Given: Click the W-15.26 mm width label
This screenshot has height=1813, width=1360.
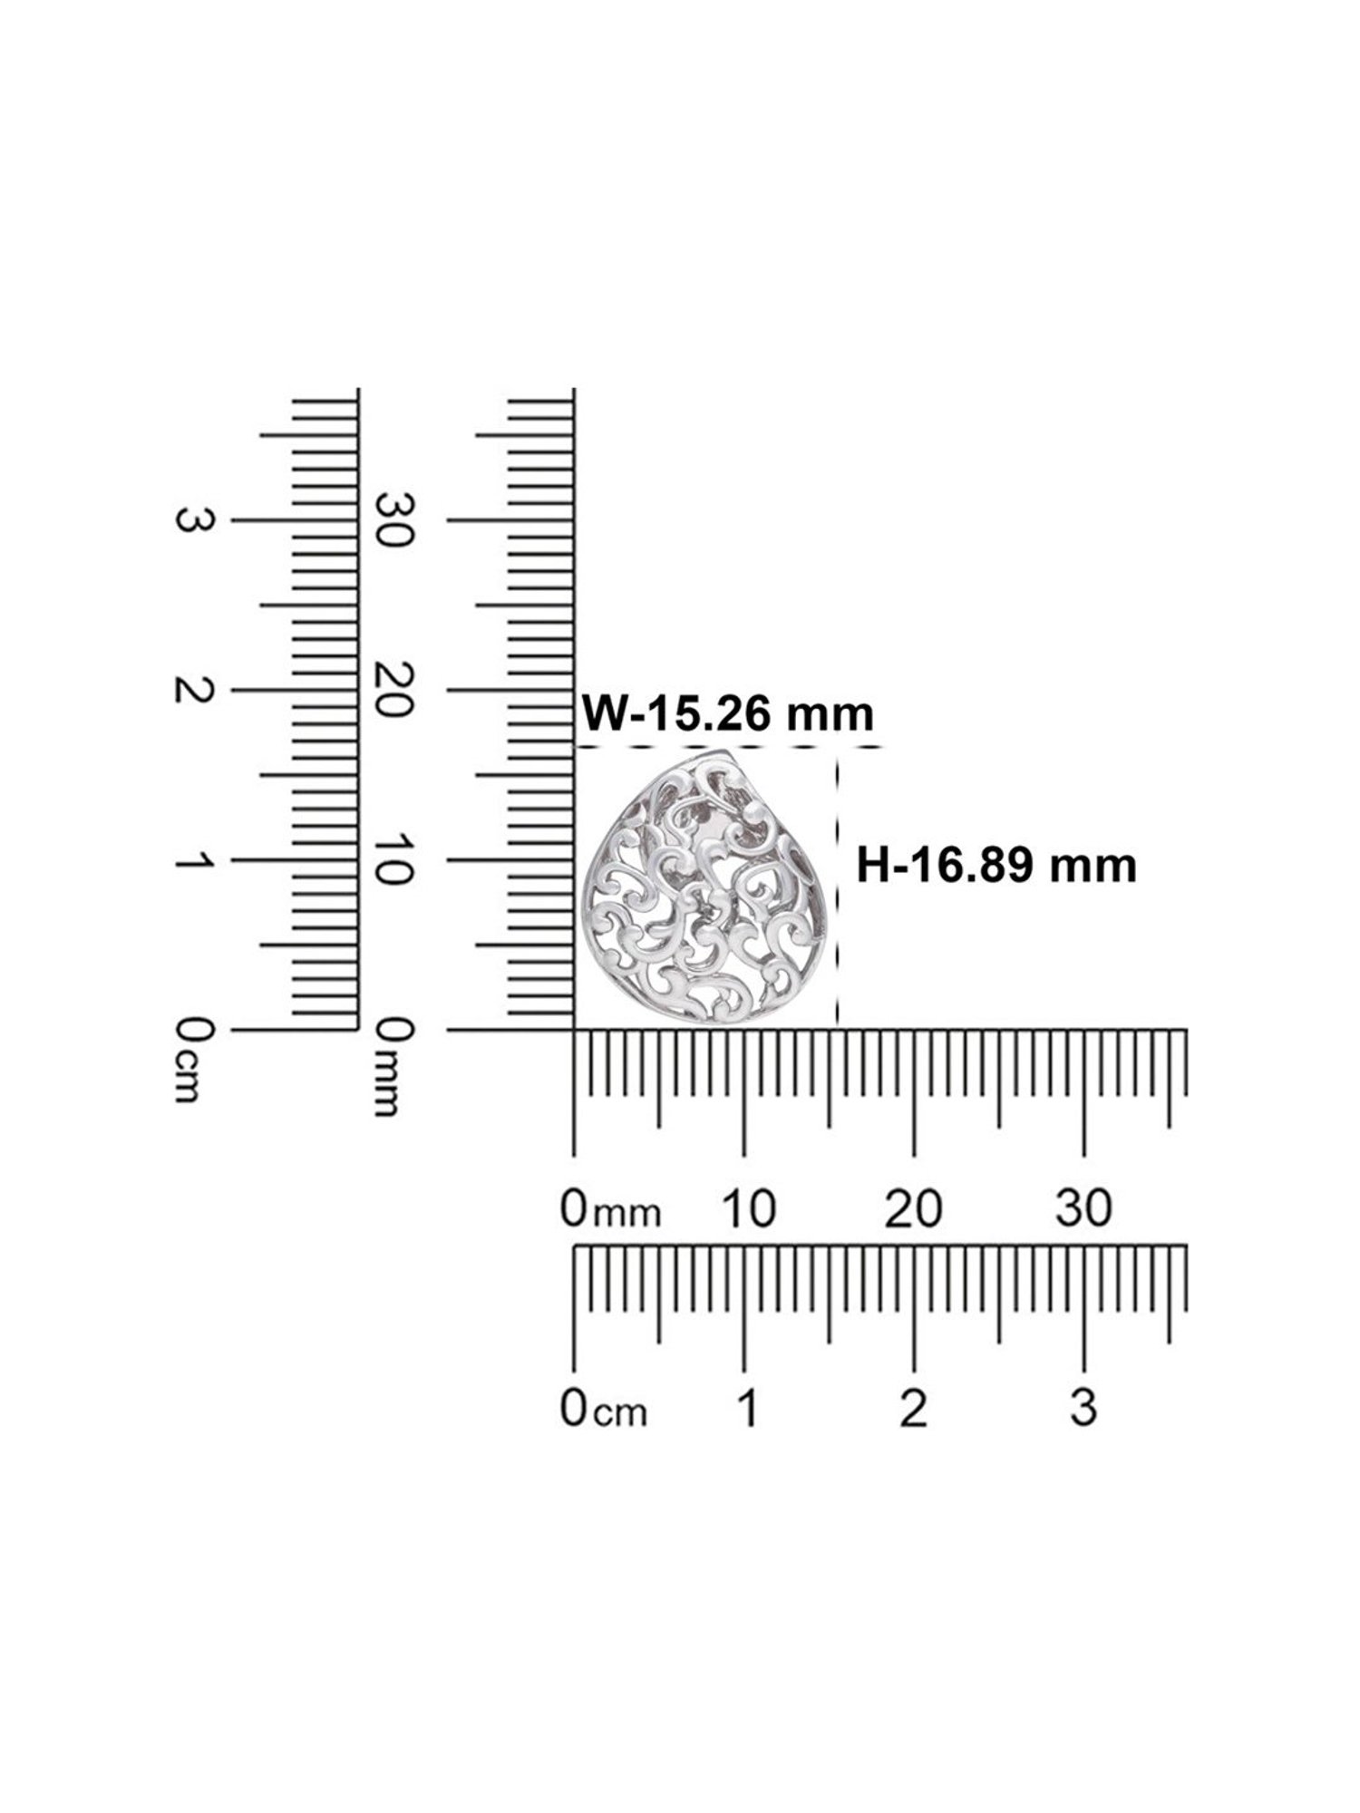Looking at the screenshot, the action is pos(727,713).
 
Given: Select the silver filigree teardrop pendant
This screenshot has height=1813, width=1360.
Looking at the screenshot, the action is pos(708,887).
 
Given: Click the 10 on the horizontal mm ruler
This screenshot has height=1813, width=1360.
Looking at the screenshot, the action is pos(748,1208).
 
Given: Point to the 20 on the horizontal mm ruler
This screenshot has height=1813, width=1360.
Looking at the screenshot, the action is pos(914,1208).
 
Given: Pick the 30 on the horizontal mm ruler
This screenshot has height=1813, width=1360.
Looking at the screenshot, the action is pos(1084,1208).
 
